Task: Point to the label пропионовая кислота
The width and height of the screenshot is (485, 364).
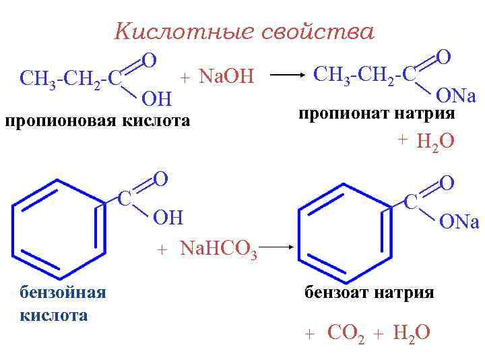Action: click(98, 121)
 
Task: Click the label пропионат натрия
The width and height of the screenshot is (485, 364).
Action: click(376, 113)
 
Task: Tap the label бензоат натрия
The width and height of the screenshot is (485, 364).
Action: click(369, 293)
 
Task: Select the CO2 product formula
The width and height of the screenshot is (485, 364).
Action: click(346, 333)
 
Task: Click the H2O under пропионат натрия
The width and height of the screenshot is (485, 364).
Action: click(435, 142)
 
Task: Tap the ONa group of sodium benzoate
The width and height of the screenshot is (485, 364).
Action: click(459, 222)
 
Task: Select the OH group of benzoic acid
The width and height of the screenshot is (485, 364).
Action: click(168, 218)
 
